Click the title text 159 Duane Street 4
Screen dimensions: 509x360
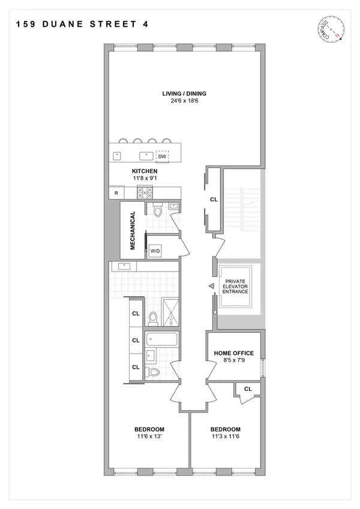coord(80,25)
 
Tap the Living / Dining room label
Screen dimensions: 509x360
coord(185,93)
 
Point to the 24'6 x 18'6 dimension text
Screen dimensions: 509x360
coord(185,101)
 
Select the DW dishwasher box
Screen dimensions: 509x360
coord(162,156)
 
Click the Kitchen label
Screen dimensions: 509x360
coord(145,171)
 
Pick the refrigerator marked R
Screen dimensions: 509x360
coord(115,193)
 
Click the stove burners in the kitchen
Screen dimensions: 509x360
coord(145,192)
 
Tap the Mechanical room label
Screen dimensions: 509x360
coord(133,230)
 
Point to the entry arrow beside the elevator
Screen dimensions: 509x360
coord(210,287)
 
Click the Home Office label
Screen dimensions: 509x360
coord(235,353)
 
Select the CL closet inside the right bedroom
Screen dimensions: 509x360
coord(248,388)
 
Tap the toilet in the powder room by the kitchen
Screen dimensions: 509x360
coord(157,211)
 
